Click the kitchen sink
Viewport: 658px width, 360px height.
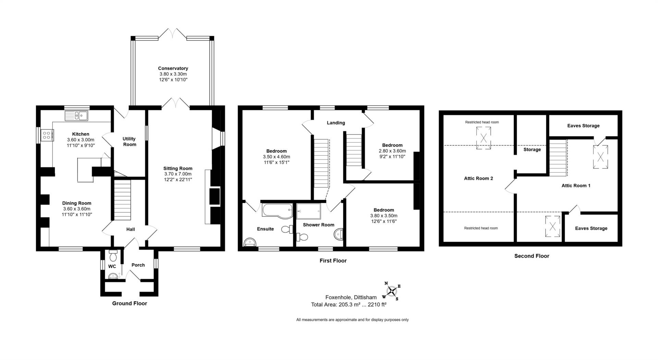(76, 116)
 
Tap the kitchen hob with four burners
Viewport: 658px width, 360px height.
(47, 135)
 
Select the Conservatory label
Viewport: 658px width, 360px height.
(173, 68)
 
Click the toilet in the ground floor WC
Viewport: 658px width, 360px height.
(113, 256)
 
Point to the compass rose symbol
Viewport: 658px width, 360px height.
(391, 291)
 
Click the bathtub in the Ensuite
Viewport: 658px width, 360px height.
(277, 210)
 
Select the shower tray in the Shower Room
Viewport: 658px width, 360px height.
(308, 211)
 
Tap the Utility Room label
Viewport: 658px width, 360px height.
(130, 141)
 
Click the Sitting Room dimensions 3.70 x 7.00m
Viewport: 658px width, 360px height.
(178, 174)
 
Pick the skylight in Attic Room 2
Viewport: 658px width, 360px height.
(483, 138)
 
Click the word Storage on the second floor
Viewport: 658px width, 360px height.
(532, 149)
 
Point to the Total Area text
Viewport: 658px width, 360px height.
(349, 304)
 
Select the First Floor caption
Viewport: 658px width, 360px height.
(333, 261)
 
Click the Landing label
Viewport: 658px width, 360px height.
(336, 123)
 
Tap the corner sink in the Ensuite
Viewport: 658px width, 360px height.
(250, 243)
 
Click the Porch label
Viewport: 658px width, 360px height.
(138, 265)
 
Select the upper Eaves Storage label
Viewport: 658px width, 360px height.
(583, 125)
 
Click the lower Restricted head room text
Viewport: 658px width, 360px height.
(481, 228)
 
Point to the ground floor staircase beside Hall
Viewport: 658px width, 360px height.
(122, 200)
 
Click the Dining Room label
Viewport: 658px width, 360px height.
(77, 203)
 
